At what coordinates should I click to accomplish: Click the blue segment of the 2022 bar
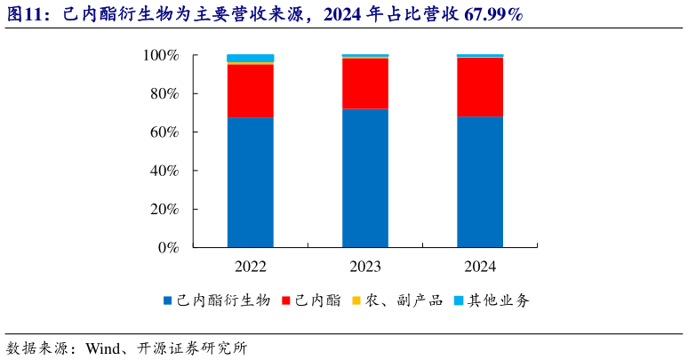tap(250, 181)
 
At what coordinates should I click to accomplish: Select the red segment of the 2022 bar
tap(250, 91)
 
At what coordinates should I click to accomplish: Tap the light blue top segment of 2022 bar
tap(250, 58)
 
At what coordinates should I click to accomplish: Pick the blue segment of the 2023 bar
tap(365, 178)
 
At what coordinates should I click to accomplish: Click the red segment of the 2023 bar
tap(365, 84)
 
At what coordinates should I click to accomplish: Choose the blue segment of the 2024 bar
tap(480, 181)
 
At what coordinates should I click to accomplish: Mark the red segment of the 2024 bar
tap(480, 87)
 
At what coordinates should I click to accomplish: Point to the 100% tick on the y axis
tap(161, 56)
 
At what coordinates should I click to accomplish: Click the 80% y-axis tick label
tap(164, 94)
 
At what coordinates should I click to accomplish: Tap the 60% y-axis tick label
tap(164, 132)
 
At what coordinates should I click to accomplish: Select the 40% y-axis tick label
tap(164, 171)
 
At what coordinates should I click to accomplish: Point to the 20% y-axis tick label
tap(164, 210)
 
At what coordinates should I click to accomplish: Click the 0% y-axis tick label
tap(168, 248)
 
